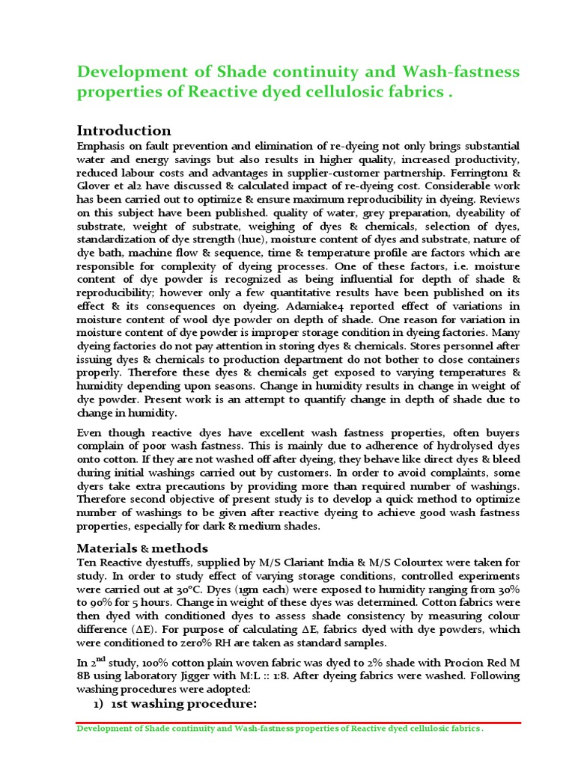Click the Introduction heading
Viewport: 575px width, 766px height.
coord(124,131)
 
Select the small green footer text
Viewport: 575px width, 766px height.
coord(281,730)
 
